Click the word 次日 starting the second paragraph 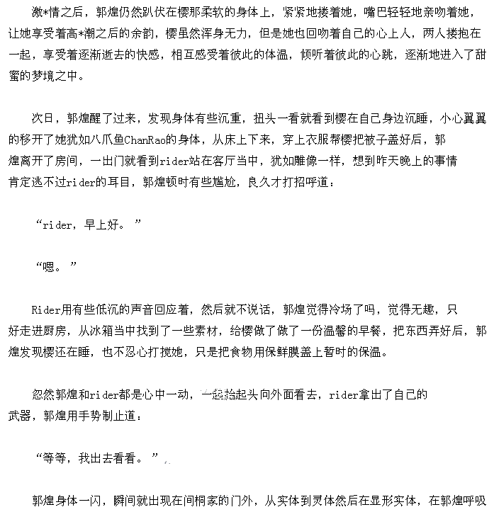point(44,118)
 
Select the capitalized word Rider point(45,309)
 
